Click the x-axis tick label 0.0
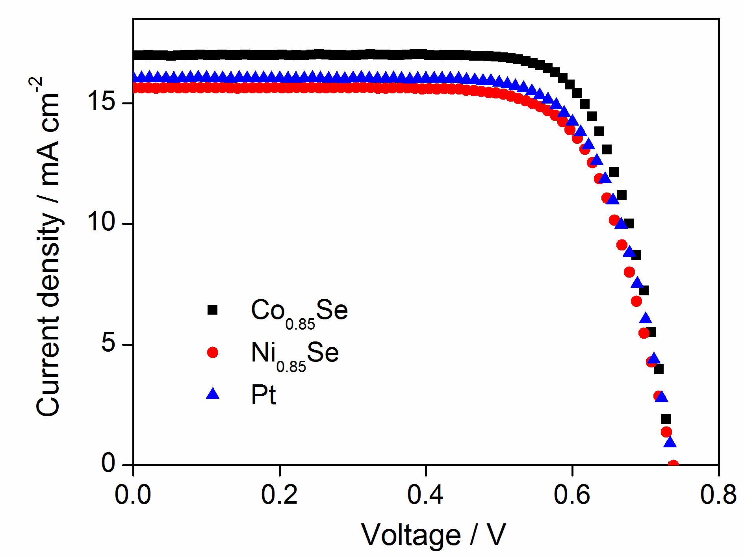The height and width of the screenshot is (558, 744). click(133, 495)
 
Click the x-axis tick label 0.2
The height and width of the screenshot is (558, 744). click(279, 495)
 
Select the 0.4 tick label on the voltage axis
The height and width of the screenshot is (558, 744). click(425, 495)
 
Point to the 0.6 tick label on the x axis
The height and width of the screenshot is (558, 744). click(572, 495)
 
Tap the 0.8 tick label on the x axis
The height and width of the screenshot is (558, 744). click(718, 495)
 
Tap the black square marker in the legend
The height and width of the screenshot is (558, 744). click(213, 310)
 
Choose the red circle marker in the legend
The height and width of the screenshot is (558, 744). click(213, 352)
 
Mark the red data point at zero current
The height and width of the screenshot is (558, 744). click(673, 465)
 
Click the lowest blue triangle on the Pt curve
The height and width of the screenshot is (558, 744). click(670, 442)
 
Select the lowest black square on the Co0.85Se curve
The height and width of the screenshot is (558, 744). click(666, 419)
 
